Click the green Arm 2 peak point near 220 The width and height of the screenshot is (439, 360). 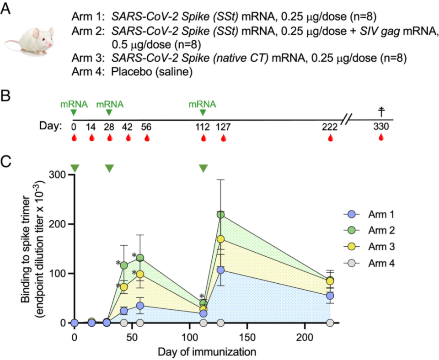tap(221, 214)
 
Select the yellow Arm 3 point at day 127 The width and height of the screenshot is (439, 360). tap(221, 239)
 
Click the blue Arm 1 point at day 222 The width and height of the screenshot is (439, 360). tap(330, 296)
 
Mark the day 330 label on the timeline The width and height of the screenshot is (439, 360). tap(380, 127)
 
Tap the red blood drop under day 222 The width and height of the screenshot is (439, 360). tap(330, 138)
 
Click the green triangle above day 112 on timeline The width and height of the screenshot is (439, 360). tap(203, 113)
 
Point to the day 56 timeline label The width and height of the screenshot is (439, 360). tap(146, 127)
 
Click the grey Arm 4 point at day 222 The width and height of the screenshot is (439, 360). tap(330, 323)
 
